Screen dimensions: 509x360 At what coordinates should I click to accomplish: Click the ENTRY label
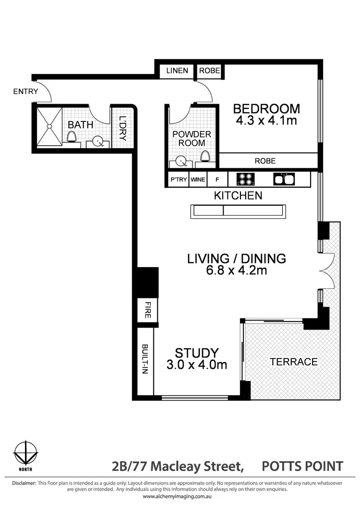click(x=25, y=91)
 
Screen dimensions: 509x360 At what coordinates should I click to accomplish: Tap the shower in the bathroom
click(x=47, y=126)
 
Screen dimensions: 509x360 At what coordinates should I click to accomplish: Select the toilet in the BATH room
click(x=72, y=138)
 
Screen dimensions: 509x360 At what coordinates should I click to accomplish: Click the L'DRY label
click(x=122, y=129)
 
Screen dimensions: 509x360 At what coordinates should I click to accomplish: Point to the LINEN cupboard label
click(x=177, y=71)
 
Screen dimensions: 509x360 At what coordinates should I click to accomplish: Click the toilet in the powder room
click(x=205, y=157)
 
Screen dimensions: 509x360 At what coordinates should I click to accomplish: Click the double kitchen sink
click(x=284, y=179)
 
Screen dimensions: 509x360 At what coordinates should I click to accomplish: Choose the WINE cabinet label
click(x=198, y=180)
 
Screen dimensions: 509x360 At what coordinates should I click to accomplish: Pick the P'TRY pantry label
click(x=178, y=180)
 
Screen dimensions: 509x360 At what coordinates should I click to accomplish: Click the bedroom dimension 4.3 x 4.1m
click(x=266, y=120)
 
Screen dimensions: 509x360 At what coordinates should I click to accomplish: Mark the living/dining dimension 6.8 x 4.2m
click(x=236, y=271)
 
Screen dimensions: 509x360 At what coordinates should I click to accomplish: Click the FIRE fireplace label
click(x=147, y=310)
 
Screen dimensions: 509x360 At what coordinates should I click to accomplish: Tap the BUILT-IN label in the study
click(x=145, y=359)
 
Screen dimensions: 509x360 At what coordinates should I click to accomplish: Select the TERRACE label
click(x=293, y=362)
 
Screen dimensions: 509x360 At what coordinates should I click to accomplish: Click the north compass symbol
click(x=25, y=453)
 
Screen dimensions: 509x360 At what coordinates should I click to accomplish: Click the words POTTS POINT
click(x=302, y=466)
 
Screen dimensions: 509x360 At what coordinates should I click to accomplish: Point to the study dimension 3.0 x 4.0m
click(x=197, y=365)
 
